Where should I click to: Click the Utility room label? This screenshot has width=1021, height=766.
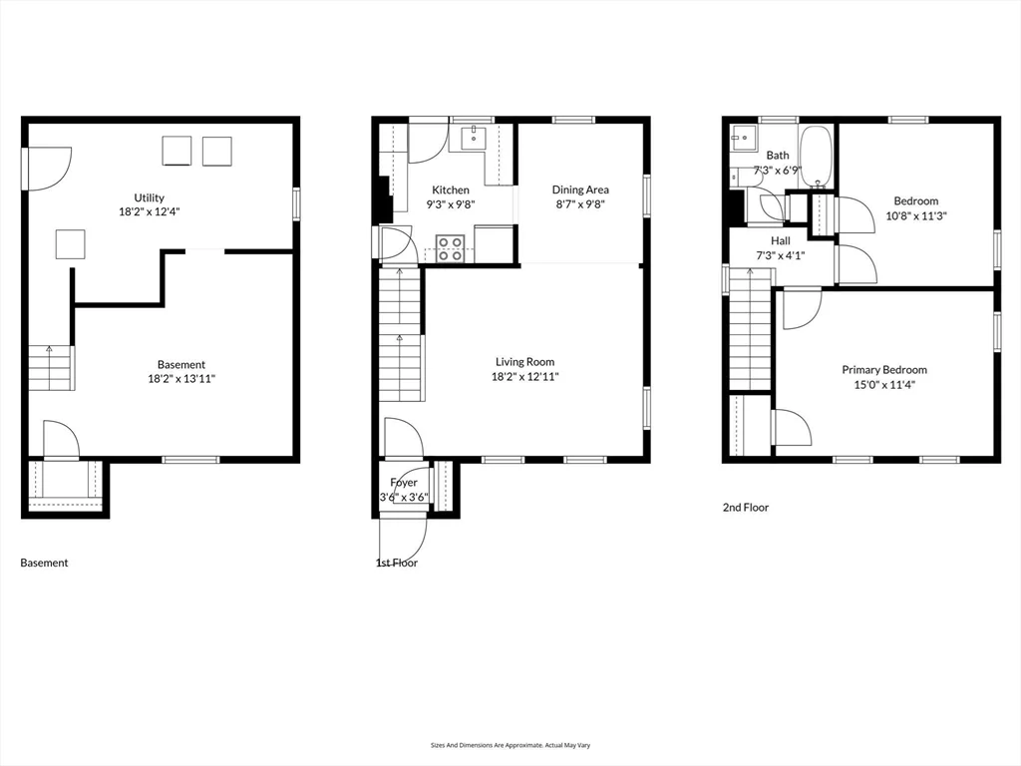click(150, 197)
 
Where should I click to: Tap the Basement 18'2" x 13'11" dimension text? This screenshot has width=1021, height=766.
click(180, 379)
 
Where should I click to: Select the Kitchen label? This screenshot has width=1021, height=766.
click(450, 190)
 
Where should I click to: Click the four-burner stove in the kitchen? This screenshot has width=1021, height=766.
click(450, 247)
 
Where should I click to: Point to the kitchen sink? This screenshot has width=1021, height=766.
click(474, 136)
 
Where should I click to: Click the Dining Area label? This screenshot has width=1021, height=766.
click(580, 190)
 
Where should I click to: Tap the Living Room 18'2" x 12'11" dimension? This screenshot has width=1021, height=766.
click(524, 377)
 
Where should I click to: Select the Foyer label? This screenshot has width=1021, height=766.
click(404, 483)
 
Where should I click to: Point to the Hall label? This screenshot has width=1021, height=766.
click(780, 240)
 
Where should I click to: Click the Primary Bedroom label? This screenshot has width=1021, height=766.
click(883, 369)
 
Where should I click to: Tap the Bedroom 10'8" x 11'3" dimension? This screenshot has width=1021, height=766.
click(914, 215)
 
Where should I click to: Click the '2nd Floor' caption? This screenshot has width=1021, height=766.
click(745, 508)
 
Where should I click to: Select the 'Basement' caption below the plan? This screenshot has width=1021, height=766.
click(45, 563)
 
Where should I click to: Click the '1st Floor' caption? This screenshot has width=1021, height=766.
click(396, 563)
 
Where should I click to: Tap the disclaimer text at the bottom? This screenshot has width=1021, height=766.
click(510, 745)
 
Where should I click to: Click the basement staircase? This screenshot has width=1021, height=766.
click(50, 367)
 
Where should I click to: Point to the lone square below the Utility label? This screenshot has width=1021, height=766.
click(70, 244)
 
